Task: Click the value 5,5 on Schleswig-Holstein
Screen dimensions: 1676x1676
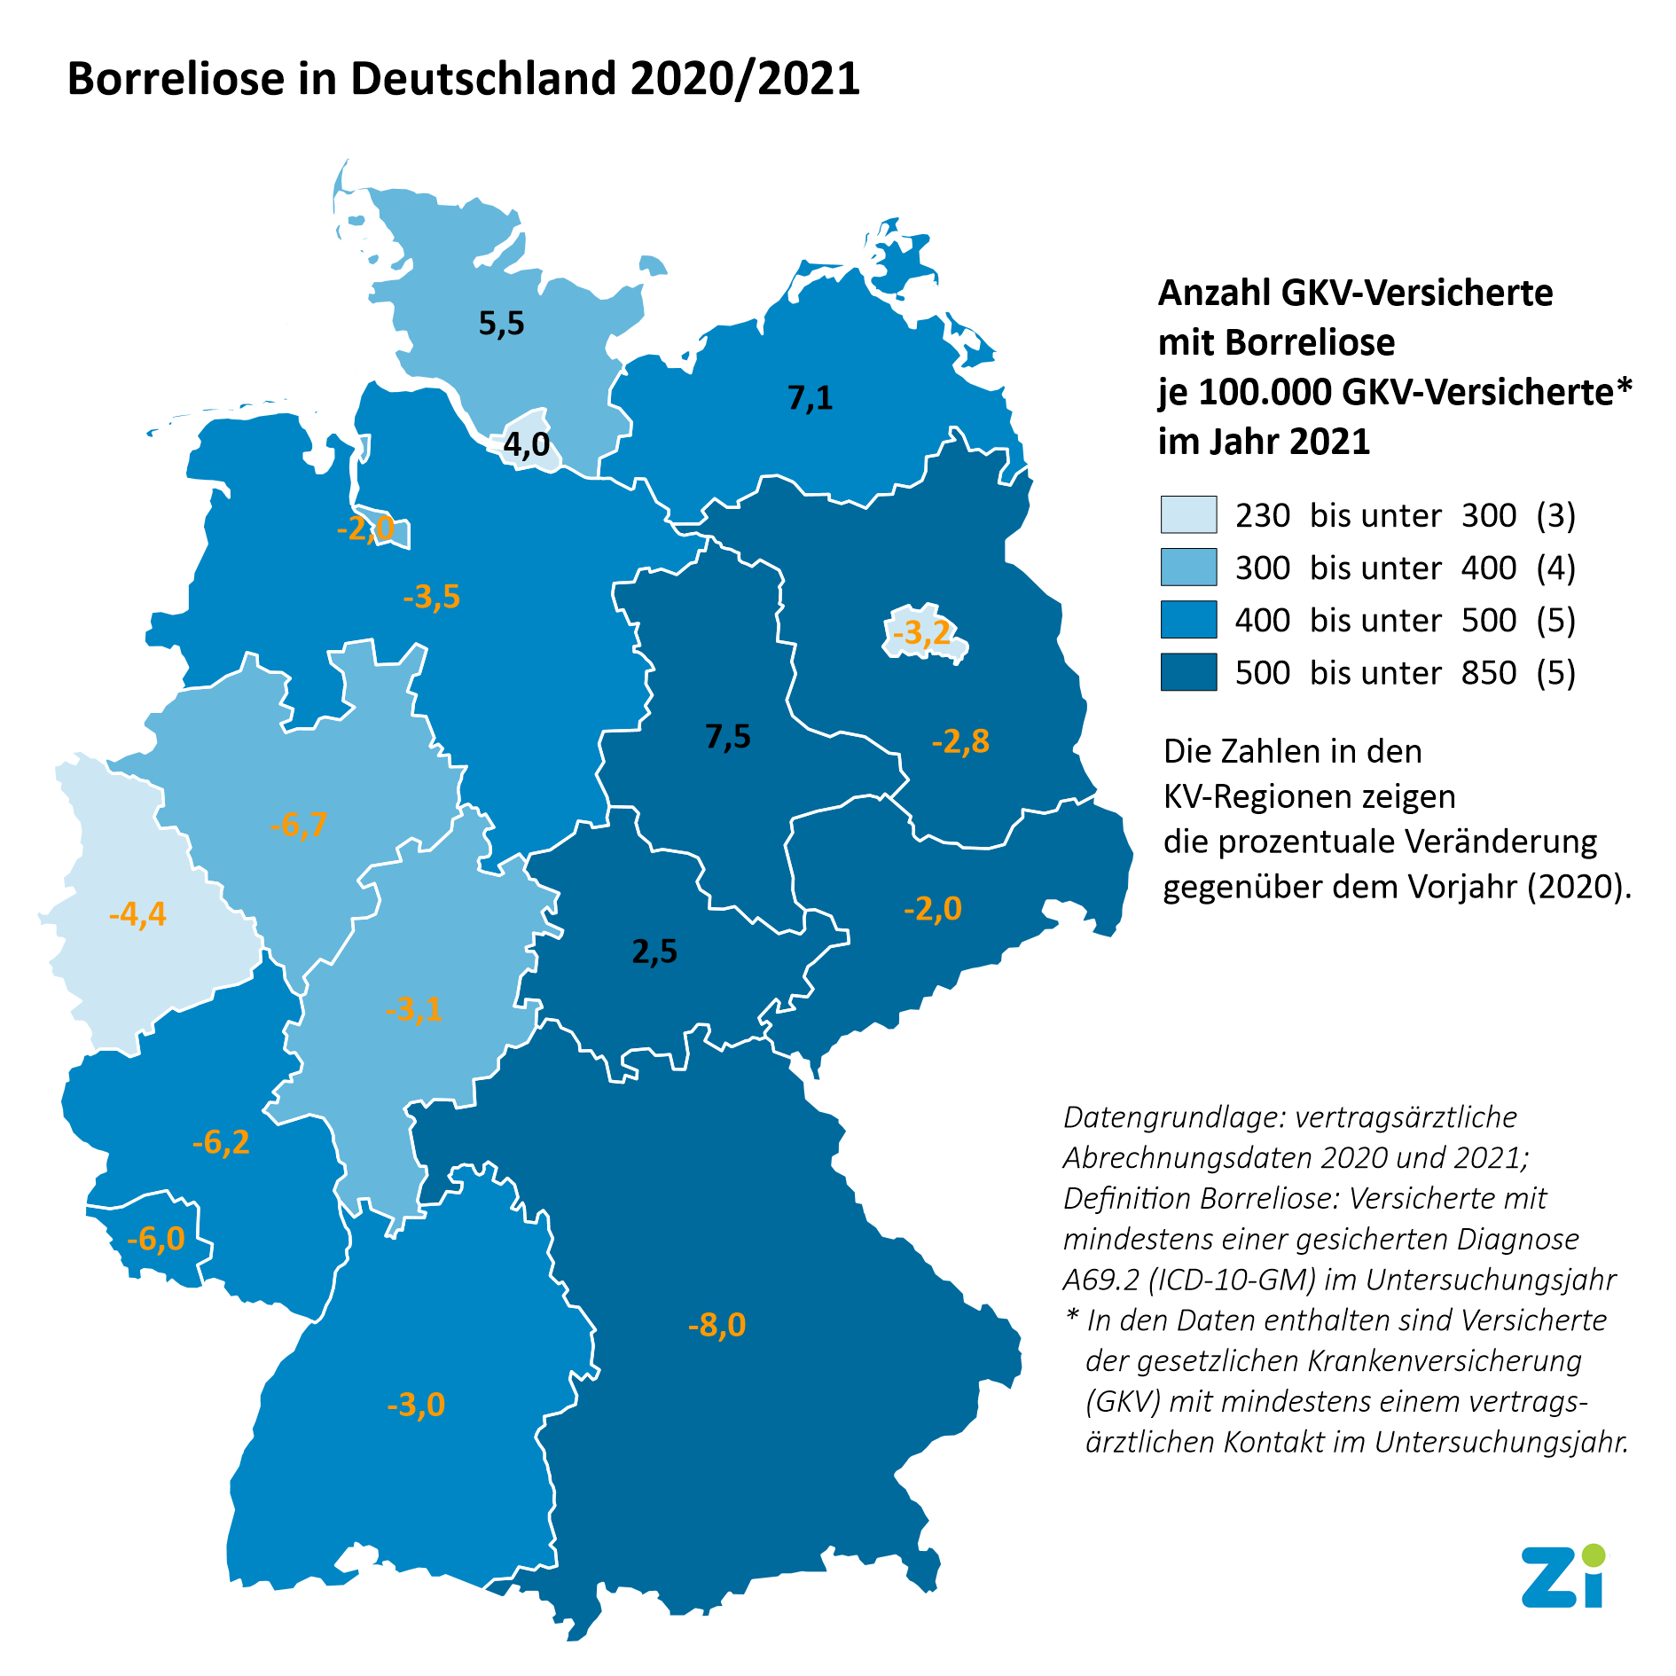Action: point(501,324)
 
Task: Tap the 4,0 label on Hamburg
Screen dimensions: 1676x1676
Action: point(527,444)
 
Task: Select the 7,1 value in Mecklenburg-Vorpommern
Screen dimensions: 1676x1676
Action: point(811,398)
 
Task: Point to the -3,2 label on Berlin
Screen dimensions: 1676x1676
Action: point(921,633)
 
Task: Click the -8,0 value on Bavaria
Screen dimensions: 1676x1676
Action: point(717,1325)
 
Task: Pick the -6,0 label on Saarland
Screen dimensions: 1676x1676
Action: point(155,1238)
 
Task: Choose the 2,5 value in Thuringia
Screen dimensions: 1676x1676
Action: point(654,952)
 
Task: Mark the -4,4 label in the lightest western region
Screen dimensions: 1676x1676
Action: point(137,913)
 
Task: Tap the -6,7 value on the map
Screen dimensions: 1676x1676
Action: point(298,825)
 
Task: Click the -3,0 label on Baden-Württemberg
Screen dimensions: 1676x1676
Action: point(415,1405)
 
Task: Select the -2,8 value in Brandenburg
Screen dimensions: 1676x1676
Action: point(960,740)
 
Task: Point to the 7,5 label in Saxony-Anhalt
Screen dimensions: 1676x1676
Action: point(728,736)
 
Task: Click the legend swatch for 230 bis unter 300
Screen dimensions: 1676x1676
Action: point(1188,515)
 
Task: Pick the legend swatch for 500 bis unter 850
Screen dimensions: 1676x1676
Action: point(1188,672)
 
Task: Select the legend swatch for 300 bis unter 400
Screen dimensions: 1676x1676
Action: point(1188,568)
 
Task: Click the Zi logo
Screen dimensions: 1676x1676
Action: point(1563,1576)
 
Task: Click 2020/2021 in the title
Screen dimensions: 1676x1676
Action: point(745,79)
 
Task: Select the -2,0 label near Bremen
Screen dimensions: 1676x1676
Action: point(365,529)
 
